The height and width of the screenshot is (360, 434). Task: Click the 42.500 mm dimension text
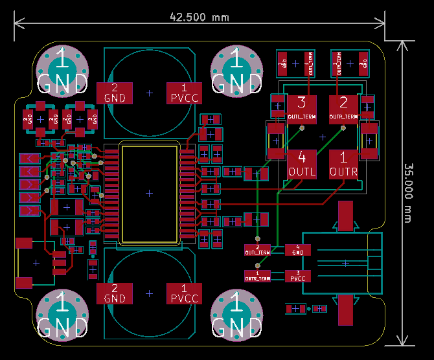[x=199, y=17]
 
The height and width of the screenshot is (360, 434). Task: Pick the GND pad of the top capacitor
[x=114, y=93]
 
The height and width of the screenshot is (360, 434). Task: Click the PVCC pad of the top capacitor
[x=184, y=93]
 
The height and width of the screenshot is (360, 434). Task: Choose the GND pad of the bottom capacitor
[x=114, y=293]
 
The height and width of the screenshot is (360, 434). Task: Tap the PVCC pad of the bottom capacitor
[x=184, y=293]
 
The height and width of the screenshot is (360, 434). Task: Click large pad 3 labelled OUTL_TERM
[x=302, y=108]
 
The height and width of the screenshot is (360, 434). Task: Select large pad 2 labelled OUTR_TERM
[x=343, y=108]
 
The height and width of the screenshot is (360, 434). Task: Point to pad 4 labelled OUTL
[x=302, y=164]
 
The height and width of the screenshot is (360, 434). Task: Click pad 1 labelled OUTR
[x=343, y=164]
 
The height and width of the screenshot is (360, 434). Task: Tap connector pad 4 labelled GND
[x=297, y=250]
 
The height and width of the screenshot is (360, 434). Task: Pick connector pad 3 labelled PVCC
[x=297, y=276]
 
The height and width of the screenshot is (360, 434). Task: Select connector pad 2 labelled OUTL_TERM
[x=257, y=250]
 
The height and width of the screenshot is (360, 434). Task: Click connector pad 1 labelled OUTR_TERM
[x=257, y=276]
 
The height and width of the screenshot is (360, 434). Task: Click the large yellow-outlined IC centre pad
[x=150, y=193]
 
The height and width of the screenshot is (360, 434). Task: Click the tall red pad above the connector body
[x=345, y=216]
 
